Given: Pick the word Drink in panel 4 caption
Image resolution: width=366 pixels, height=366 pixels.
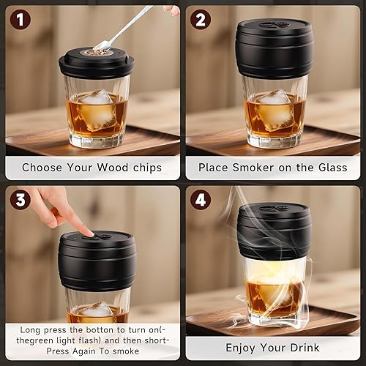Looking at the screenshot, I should click(310, 348).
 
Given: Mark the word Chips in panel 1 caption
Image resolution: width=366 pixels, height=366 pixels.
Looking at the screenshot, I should click(149, 168).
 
